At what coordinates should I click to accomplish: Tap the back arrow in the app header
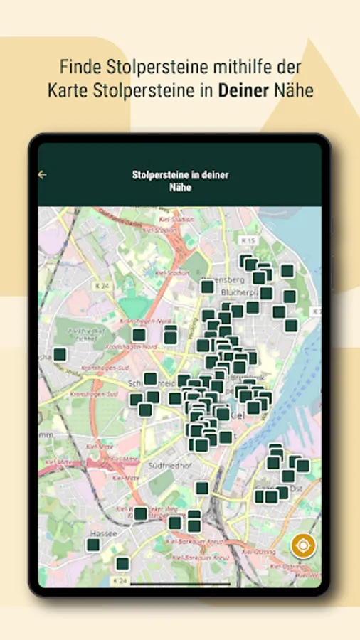point(42,174)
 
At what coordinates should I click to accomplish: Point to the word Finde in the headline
point(78,68)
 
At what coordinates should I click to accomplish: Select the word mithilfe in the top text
point(228,68)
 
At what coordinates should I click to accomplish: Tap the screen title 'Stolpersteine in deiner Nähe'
point(180,181)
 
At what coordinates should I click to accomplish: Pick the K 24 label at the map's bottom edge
point(121,580)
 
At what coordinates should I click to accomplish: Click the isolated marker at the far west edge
point(60,354)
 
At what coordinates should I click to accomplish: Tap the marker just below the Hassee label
point(93,545)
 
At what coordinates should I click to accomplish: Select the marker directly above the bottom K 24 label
point(122,564)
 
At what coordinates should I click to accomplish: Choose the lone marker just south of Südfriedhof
point(202,488)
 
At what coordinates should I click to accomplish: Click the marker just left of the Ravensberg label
point(207,287)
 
